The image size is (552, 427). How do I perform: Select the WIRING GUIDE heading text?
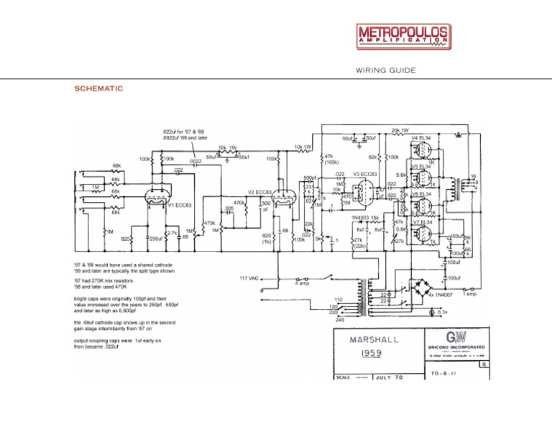pos(385,70)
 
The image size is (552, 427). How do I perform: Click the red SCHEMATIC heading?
pos(98,88)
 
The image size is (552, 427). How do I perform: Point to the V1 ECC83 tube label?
pos(179,206)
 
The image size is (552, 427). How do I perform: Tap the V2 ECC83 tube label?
pos(259,192)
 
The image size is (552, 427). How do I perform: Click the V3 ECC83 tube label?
pos(365,174)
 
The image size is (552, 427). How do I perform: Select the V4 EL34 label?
pos(422,137)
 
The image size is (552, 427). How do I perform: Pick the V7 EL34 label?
pos(422,222)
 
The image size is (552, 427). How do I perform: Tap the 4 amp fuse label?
pos(303,283)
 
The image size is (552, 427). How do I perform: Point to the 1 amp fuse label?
pos(469,295)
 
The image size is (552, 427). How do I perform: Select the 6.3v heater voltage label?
pos(443,313)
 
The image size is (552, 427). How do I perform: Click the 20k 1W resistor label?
pos(400,131)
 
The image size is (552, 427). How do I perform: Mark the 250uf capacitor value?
pos(155,238)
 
